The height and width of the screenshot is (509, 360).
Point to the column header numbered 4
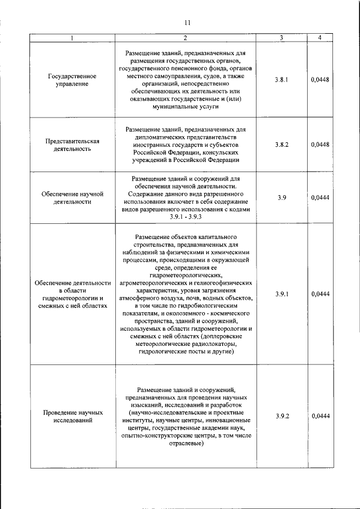click(x=319, y=38)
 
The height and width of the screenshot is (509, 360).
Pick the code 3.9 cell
click(x=282, y=197)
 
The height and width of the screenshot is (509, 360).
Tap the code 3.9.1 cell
click(x=282, y=294)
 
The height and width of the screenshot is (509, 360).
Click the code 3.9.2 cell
click(x=282, y=416)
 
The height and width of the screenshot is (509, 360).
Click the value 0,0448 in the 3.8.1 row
click(x=319, y=80)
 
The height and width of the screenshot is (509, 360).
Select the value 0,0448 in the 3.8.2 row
click(x=319, y=145)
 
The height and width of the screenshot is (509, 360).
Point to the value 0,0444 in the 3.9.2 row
click(x=319, y=416)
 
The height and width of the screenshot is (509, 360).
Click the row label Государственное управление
click(x=71, y=80)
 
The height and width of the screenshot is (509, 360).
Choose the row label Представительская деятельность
click(x=71, y=145)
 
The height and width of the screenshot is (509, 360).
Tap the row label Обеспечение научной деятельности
click(x=71, y=197)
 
